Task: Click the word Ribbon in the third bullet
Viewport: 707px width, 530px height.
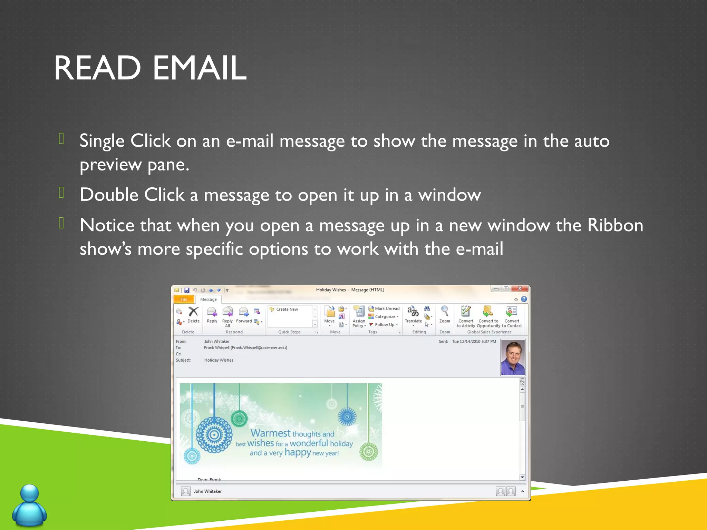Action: coord(615,225)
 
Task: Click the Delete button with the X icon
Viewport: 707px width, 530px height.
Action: coord(193,314)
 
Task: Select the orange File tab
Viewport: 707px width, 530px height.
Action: coord(184,299)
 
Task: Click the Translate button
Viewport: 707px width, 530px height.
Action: coord(413,315)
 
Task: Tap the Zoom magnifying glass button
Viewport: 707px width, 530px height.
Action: coord(444,314)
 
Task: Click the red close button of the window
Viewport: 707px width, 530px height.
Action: coord(520,288)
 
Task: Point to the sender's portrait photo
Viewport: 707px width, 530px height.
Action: coord(513,357)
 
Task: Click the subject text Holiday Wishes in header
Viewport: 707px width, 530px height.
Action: coord(219,360)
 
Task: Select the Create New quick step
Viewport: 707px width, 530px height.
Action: coord(287,309)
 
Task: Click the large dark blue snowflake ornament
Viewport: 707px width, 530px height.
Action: coord(214,435)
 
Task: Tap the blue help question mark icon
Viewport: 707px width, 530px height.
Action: coord(524,299)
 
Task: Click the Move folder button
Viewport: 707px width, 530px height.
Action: coord(329,315)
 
